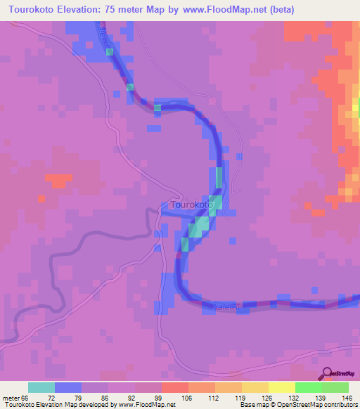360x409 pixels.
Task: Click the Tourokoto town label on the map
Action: [192, 204]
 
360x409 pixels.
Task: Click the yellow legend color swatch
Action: [281, 387]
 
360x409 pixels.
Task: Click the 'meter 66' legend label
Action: [15, 398]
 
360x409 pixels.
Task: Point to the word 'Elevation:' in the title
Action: [83, 10]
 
